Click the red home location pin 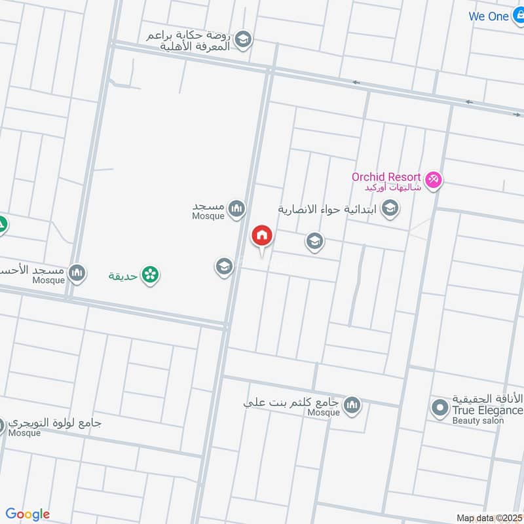pyautogui.click(x=262, y=235)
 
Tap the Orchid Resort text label pyautogui.click(x=385, y=178)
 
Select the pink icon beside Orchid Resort pyautogui.click(x=433, y=179)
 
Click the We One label pyautogui.click(x=489, y=16)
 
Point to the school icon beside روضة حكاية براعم pyautogui.click(x=244, y=40)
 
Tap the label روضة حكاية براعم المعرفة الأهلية pyautogui.click(x=190, y=41)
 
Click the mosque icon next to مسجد pyautogui.click(x=237, y=209)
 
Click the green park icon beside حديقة pyautogui.click(x=151, y=275)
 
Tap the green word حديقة pyautogui.click(x=123, y=276)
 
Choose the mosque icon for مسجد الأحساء pyautogui.click(x=77, y=271)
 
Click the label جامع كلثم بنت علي pyautogui.click(x=291, y=403)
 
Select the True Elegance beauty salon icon pyautogui.click(x=440, y=409)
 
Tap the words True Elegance pyautogui.click(x=487, y=411)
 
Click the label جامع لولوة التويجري pyautogui.click(x=56, y=423)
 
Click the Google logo pyautogui.click(x=28, y=514)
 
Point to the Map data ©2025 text pyautogui.click(x=489, y=517)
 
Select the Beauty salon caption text pyautogui.click(x=477, y=421)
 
